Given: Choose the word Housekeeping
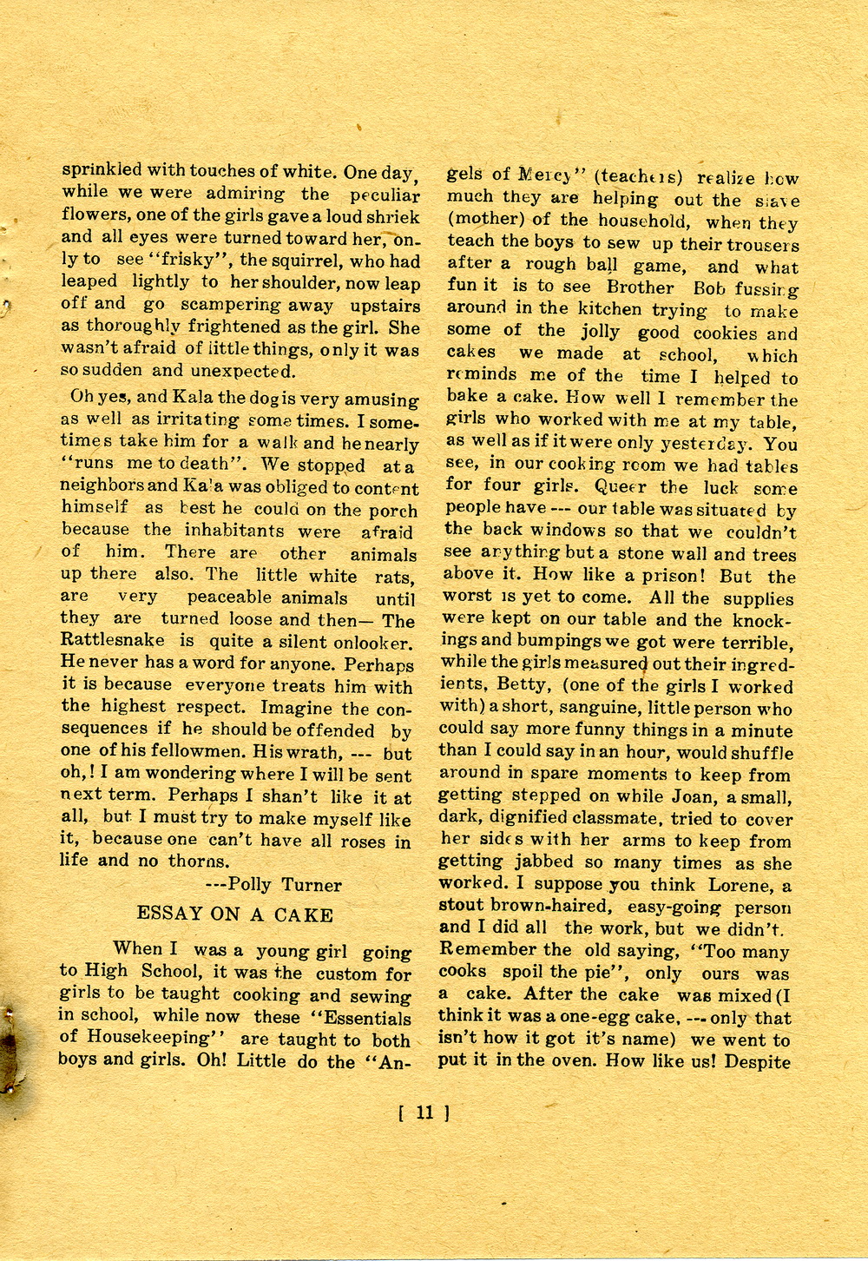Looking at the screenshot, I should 154,1039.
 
